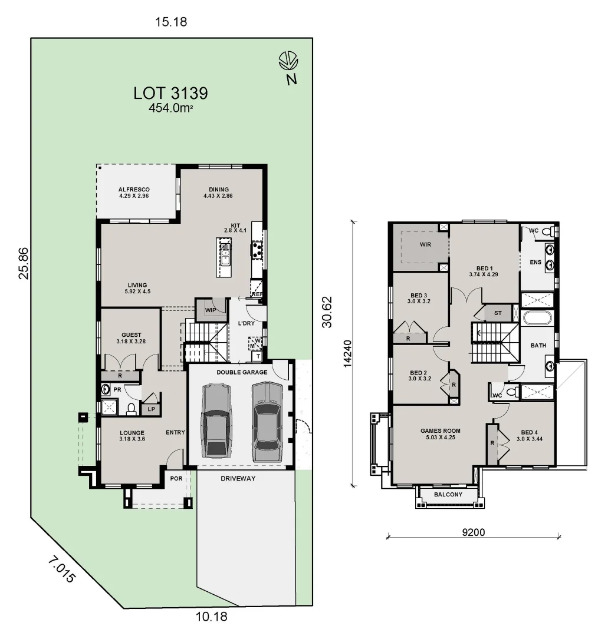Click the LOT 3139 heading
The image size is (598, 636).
170,92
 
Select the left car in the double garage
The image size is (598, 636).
214,420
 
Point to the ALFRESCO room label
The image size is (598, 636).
133,190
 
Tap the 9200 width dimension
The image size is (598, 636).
473,532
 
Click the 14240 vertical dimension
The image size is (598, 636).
348,353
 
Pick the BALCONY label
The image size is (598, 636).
448,495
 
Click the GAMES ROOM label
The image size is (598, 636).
436,430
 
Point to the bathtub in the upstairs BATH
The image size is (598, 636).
537,319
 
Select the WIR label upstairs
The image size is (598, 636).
425,244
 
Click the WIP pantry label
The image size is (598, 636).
211,310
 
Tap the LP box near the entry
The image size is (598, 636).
151,409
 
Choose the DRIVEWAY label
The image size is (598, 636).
238,478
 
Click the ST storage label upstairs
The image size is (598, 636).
498,313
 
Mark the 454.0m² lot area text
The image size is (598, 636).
170,108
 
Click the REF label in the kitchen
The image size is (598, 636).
257,294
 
